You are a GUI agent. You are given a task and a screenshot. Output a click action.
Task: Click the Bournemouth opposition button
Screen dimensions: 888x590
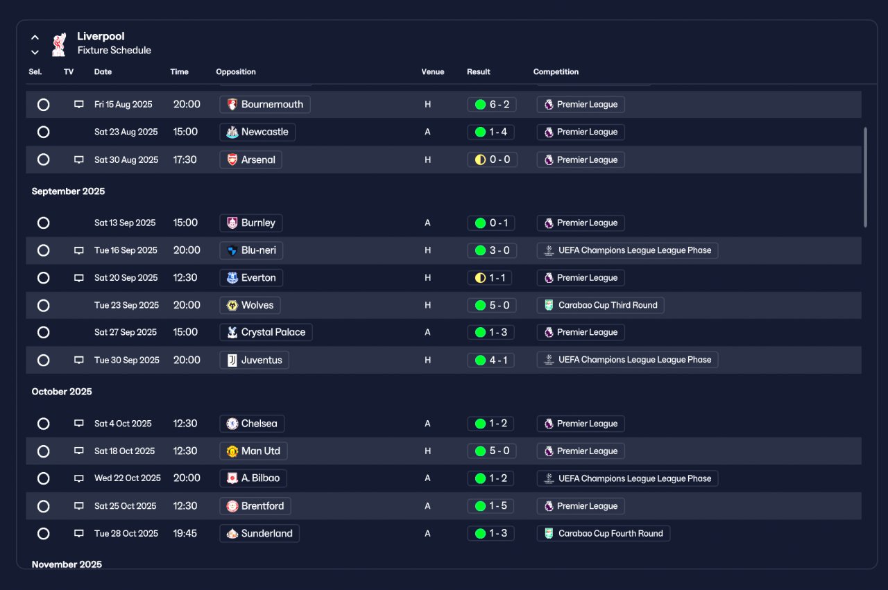(x=265, y=105)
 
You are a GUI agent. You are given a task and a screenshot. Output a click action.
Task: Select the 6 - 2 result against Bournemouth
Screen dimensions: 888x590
(x=492, y=105)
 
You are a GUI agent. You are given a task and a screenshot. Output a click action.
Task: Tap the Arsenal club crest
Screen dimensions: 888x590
(x=232, y=159)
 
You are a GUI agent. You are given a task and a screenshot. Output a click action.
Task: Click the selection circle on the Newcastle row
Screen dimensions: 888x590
(x=43, y=132)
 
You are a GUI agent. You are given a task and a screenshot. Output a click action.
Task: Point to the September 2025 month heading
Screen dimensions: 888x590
(x=68, y=191)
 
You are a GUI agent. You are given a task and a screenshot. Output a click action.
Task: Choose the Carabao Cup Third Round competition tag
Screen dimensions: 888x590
(x=600, y=305)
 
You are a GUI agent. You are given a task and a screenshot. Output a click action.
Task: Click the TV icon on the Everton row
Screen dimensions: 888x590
(x=79, y=278)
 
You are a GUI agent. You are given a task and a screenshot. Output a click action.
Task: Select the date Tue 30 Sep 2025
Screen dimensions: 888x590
(x=127, y=361)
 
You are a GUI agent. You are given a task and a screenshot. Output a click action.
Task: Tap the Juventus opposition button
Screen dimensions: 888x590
(x=254, y=361)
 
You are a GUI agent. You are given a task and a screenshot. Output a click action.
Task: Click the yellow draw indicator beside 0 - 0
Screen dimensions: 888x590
(x=480, y=159)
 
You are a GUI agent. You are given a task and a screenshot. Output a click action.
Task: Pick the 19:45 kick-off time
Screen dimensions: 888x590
(x=185, y=533)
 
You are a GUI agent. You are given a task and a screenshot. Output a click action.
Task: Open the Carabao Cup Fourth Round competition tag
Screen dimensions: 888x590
(x=604, y=533)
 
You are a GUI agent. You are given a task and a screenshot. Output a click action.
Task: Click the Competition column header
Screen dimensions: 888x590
(x=556, y=71)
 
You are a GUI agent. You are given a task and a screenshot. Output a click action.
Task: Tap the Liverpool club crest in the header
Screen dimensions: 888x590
(x=59, y=45)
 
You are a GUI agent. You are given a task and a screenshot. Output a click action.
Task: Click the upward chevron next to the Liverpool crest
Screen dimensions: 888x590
(x=35, y=37)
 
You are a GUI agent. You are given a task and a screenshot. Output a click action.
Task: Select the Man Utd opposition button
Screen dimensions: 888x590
(x=253, y=451)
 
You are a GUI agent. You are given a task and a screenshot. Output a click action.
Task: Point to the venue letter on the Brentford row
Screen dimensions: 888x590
(x=427, y=506)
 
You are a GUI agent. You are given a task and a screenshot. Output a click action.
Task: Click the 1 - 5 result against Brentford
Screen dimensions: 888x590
(x=490, y=506)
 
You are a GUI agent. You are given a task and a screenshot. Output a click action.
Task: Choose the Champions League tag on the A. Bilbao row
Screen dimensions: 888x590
(x=627, y=478)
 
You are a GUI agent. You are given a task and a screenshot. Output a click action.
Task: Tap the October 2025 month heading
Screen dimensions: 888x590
(x=62, y=392)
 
